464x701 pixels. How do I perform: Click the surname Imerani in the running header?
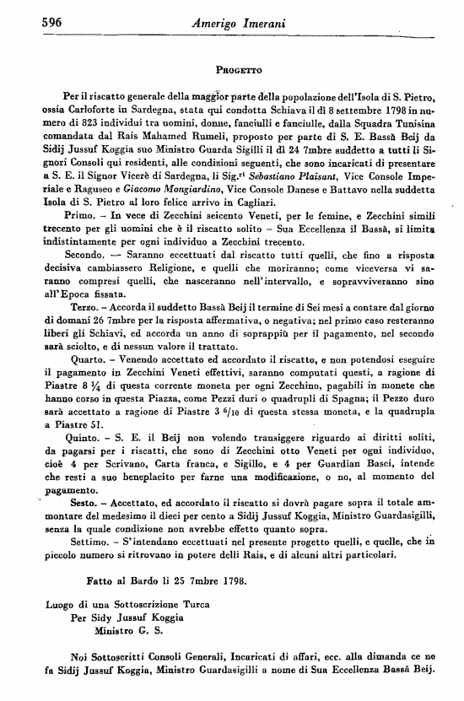[x=258, y=24]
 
